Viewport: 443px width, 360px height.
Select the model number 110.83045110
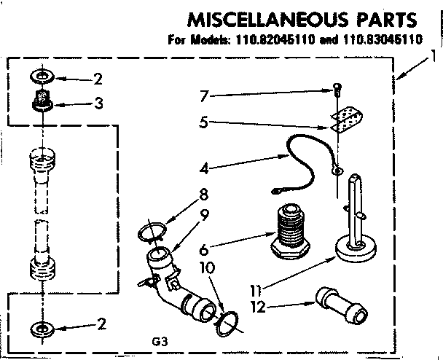385,41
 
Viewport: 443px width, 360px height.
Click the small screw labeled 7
336,91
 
